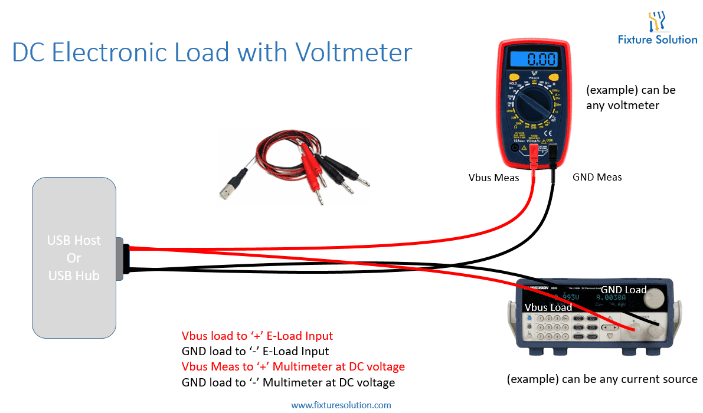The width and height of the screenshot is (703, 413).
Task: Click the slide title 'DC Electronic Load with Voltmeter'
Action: coord(212,53)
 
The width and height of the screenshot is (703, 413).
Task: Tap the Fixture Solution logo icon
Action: coord(657,22)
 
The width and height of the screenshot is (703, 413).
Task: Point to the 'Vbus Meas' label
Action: coord(493,177)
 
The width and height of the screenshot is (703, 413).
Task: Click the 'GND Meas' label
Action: coord(597,177)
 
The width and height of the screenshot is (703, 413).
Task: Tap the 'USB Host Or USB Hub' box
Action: coord(74,257)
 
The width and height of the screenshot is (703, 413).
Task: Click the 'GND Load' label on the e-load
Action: coord(623,290)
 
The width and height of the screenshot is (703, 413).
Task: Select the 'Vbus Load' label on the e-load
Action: coord(548,307)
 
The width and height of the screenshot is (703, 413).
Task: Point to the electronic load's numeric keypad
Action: coord(550,326)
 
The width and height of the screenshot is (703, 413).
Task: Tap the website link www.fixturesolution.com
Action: coord(341,405)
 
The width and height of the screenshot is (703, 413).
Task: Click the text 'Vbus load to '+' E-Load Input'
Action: coord(257,336)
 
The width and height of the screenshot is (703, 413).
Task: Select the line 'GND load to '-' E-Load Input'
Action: coord(255,352)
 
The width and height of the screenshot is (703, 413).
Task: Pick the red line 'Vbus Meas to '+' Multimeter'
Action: coord(293,367)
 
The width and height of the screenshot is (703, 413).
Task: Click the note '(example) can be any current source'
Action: coord(602,379)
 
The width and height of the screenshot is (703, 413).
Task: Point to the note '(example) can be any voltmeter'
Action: coord(630,98)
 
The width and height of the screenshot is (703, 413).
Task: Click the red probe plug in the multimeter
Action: coord(533,155)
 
